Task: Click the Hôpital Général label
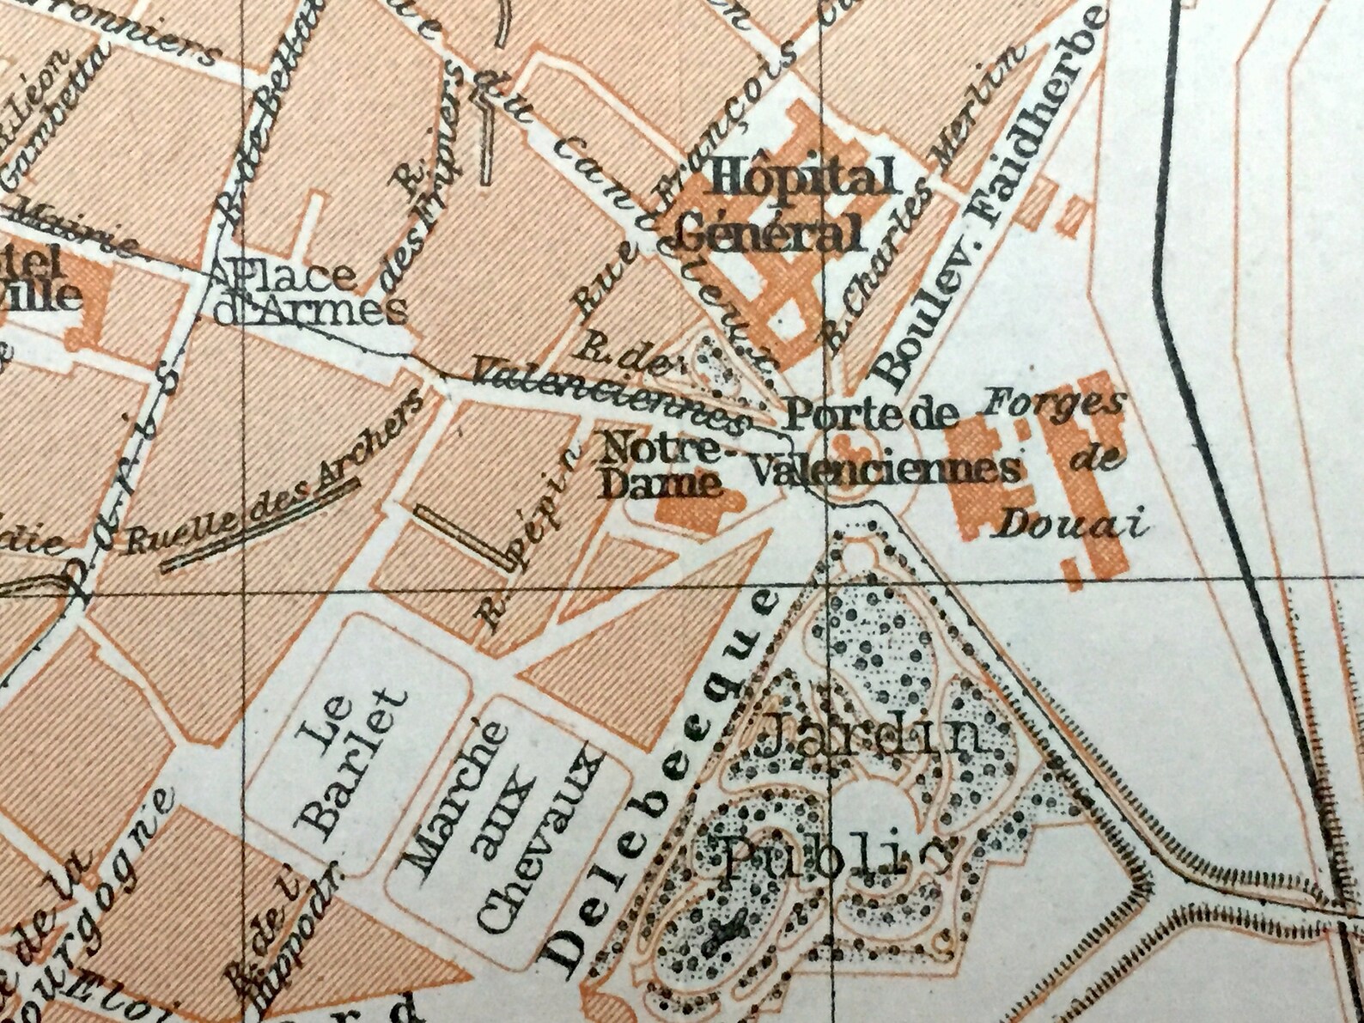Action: coord(783,206)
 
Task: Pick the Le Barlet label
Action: coord(348,760)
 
